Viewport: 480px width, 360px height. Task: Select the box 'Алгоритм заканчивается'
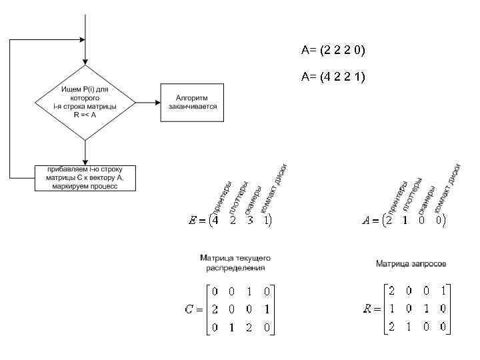(x=191, y=103)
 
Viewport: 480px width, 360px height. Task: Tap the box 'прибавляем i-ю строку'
(x=85, y=178)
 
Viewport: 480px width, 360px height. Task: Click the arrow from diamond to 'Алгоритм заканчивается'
(x=147, y=103)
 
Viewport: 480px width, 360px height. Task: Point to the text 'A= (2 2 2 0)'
(x=333, y=51)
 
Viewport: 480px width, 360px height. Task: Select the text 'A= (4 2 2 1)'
(x=333, y=77)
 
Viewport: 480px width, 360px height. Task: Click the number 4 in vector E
(x=215, y=220)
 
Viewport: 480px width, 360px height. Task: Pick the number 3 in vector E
(x=249, y=220)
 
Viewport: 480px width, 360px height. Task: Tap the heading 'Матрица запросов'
(x=411, y=264)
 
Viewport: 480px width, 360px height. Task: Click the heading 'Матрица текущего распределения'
(x=235, y=262)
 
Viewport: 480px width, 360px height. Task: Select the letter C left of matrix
(x=189, y=309)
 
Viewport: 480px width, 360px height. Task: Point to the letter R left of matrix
(x=367, y=309)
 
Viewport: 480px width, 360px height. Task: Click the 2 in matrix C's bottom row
(x=249, y=327)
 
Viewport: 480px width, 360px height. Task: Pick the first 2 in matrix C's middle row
(x=215, y=309)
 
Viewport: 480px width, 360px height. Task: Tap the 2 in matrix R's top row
(x=391, y=291)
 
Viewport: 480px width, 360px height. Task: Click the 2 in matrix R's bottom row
(x=391, y=327)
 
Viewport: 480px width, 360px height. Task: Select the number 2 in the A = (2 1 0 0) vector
(x=389, y=220)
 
